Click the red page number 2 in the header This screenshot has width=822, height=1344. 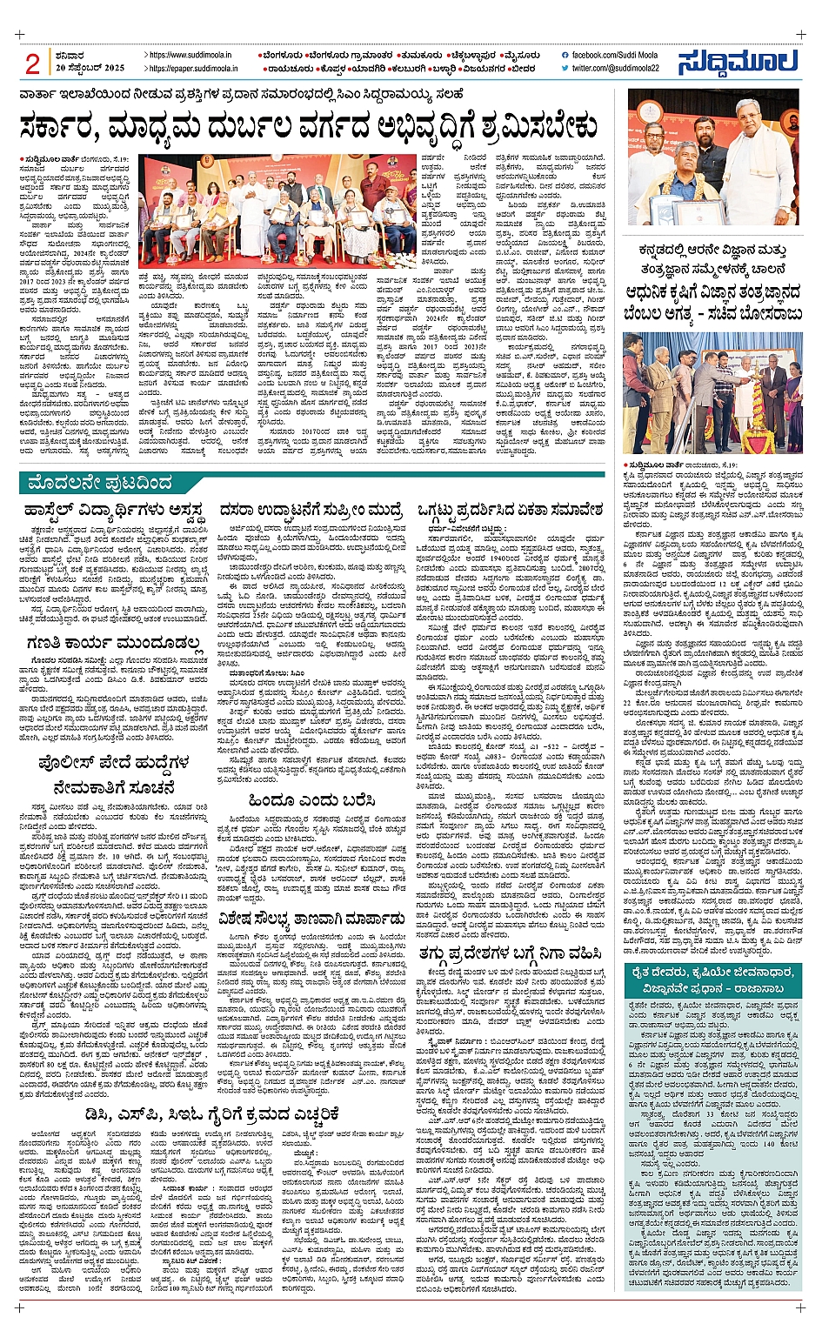point(32,64)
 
